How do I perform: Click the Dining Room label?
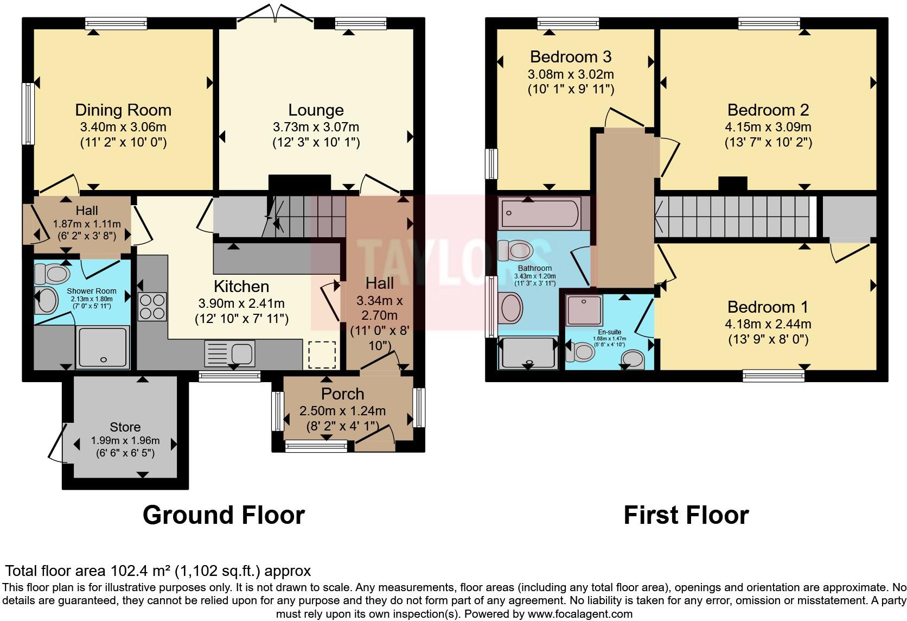123,110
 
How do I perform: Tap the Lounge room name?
316,110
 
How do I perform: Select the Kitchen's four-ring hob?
152,307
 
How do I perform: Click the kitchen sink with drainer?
230,353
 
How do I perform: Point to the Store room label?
125,427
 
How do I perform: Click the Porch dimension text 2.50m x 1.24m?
342,411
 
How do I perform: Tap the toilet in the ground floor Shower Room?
51,274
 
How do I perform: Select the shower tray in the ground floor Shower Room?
103,347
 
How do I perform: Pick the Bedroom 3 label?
571,56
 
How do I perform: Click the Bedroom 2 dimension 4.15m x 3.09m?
768,127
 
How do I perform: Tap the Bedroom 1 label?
768,307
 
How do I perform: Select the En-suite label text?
609,332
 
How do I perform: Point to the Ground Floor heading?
223,515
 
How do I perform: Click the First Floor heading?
686,515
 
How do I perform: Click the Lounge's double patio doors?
276,13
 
